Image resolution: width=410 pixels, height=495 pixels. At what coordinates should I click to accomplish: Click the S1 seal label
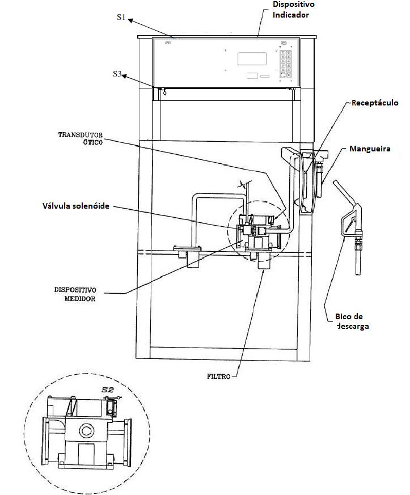pyautogui.click(x=121, y=17)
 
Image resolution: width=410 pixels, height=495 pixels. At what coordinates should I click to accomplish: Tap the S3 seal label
pyautogui.click(x=117, y=74)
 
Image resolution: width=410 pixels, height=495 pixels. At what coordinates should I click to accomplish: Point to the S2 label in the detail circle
pyautogui.click(x=108, y=390)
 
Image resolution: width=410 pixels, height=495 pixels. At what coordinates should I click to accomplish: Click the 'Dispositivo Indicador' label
pyautogui.click(x=293, y=10)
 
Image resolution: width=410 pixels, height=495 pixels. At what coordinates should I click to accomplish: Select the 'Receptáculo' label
pyautogui.click(x=375, y=103)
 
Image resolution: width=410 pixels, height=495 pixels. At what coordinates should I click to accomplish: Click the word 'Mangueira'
pyautogui.click(x=370, y=149)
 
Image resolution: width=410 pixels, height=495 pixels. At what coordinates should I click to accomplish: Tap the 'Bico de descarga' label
pyautogui.click(x=352, y=321)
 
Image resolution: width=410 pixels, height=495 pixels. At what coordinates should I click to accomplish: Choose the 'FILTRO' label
pyautogui.click(x=218, y=376)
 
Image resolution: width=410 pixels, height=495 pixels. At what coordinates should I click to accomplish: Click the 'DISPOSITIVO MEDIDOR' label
pyautogui.click(x=75, y=294)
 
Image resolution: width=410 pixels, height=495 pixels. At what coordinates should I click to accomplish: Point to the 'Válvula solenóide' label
pyautogui.click(x=76, y=206)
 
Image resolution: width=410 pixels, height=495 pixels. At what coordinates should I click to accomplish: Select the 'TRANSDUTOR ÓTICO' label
pyautogui.click(x=81, y=138)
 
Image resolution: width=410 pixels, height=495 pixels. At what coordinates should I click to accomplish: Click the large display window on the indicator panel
pyautogui.click(x=252, y=59)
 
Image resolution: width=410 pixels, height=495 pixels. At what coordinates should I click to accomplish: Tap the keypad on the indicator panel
pyautogui.click(x=286, y=64)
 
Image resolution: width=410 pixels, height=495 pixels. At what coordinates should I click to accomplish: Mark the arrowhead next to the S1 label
pyautogui.click(x=130, y=20)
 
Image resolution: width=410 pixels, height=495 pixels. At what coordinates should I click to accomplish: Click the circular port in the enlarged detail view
pyautogui.click(x=86, y=430)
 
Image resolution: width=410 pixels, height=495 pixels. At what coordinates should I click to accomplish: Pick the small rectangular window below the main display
pyautogui.click(x=252, y=75)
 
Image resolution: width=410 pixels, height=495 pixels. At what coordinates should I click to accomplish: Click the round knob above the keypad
pyautogui.click(x=284, y=43)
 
